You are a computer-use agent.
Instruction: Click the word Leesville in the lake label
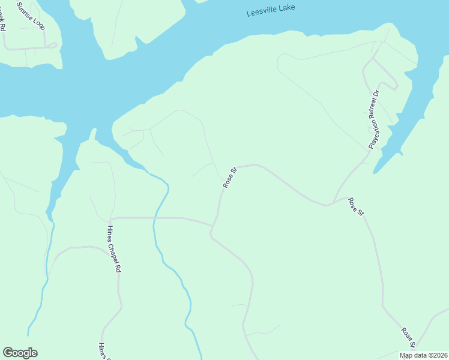[262, 11]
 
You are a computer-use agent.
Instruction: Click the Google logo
[20, 353]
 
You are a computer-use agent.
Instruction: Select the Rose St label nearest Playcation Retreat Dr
[356, 206]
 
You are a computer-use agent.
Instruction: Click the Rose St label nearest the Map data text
[409, 337]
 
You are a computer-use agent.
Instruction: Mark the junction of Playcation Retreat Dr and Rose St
[334, 203]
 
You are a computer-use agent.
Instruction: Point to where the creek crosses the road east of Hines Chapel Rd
[155, 218]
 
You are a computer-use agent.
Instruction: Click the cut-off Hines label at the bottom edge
[101, 350]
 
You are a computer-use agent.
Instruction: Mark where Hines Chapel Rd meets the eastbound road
[111, 218]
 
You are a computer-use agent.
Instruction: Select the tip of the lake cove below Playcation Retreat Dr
[375, 173]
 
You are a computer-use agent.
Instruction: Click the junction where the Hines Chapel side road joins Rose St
[212, 226]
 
